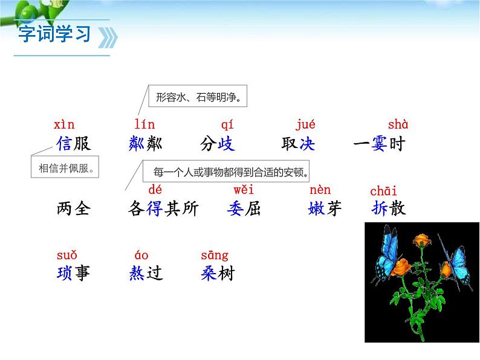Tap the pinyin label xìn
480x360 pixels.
(x=64, y=125)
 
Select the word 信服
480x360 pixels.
(x=73, y=144)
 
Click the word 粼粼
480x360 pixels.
(x=146, y=144)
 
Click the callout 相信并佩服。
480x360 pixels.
(x=65, y=167)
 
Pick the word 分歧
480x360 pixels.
(x=217, y=144)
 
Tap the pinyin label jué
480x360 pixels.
(x=306, y=125)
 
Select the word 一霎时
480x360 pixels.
(x=378, y=144)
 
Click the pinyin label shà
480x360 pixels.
(x=398, y=125)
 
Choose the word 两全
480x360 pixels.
(x=73, y=208)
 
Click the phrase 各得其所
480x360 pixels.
(x=163, y=208)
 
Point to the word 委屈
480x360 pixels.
(x=244, y=208)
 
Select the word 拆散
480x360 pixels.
(x=389, y=208)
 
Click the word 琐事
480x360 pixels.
(x=73, y=273)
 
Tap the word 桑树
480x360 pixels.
(x=217, y=273)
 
